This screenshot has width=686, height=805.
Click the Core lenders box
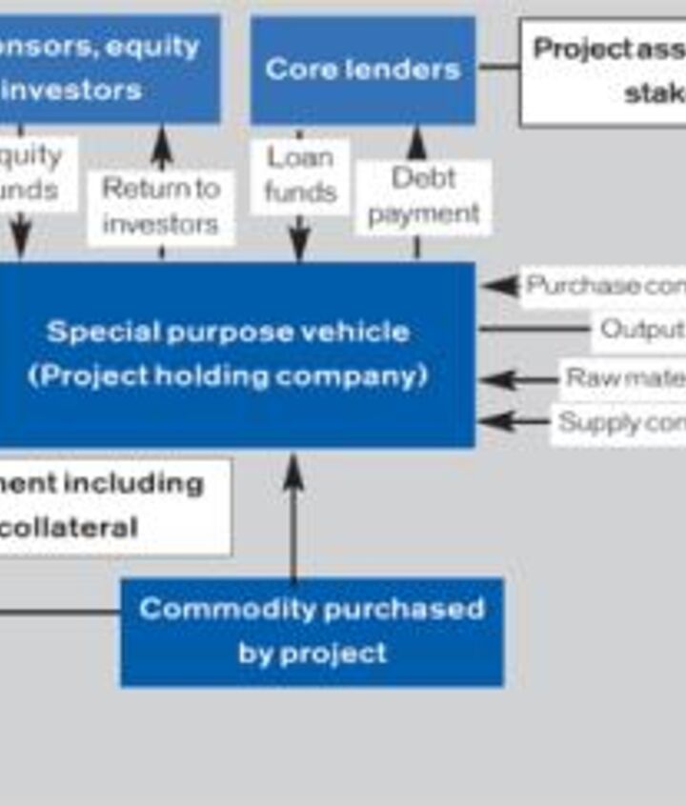(x=362, y=70)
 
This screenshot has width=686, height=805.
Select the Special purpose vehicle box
(x=229, y=353)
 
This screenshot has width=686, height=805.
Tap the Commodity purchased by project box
(x=312, y=631)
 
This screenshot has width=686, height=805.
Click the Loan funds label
(x=300, y=175)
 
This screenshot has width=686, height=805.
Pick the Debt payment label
(x=423, y=196)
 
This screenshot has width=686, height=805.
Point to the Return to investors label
(x=160, y=206)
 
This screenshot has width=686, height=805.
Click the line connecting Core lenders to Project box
(x=497, y=67)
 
